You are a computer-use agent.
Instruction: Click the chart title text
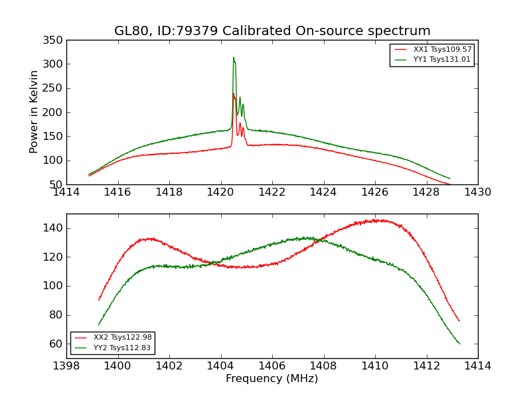(x=272, y=31)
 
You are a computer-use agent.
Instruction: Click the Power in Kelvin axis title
(x=34, y=112)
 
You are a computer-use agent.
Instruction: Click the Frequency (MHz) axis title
(x=272, y=379)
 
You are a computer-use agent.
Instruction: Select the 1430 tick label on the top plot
(x=477, y=192)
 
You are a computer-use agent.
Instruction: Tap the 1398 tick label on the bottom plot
(x=66, y=365)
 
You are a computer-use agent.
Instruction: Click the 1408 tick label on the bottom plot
(x=323, y=365)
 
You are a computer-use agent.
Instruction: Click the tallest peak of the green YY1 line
(x=233, y=58)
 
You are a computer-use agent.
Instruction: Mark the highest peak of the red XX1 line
(x=234, y=93)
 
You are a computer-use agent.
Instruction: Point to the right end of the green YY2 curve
(x=459, y=344)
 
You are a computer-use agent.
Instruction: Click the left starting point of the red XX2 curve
(x=99, y=300)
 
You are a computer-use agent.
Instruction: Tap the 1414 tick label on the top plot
(x=66, y=192)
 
